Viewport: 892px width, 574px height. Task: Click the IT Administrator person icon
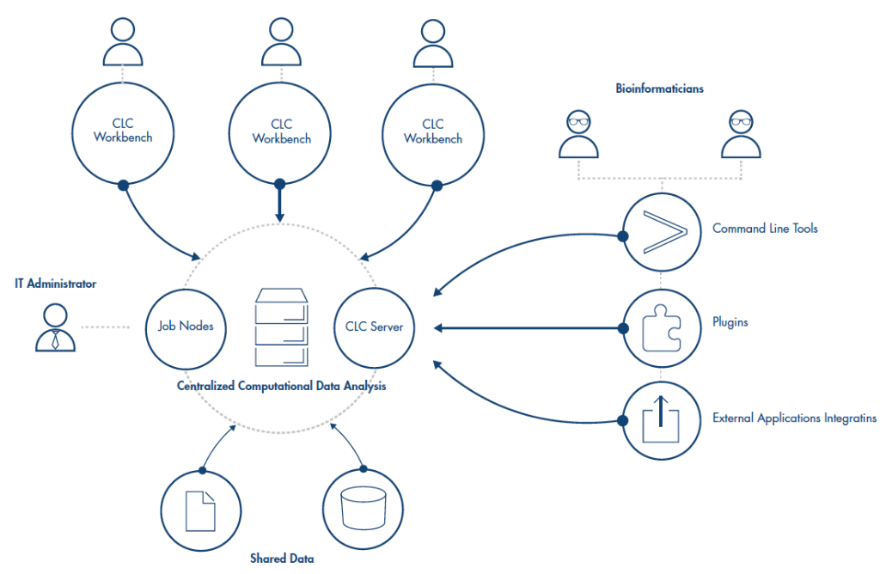[x=55, y=328]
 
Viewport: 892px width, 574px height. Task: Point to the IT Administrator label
[x=55, y=284]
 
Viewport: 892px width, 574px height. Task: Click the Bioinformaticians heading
[x=660, y=89]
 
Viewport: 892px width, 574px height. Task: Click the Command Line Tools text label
[x=765, y=229]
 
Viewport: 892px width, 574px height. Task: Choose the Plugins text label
[x=730, y=323]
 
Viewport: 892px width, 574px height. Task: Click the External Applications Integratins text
[x=794, y=418]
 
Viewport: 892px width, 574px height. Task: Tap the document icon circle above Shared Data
[x=201, y=510]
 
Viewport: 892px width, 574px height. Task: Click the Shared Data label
[x=282, y=559]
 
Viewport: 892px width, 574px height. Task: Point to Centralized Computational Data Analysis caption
[x=282, y=387]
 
